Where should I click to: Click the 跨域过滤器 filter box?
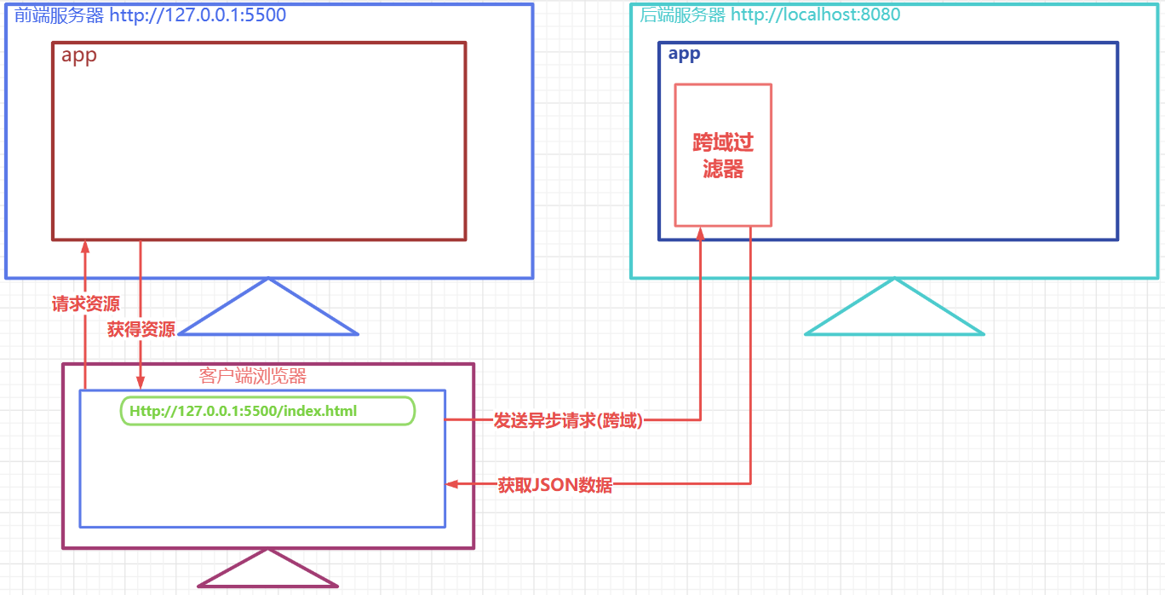[x=723, y=155]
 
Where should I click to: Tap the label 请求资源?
[x=85, y=304]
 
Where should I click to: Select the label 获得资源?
[x=141, y=329]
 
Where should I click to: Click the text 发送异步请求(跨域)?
[x=568, y=420]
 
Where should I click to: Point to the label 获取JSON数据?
[x=554, y=486]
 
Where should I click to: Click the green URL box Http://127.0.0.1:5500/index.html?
[x=267, y=411]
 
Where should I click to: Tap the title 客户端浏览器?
[x=253, y=376]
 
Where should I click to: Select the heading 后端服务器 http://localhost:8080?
[x=770, y=14]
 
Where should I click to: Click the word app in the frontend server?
[x=79, y=56]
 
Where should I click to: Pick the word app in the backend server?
[x=684, y=55]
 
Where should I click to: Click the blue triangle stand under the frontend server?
[x=268, y=312]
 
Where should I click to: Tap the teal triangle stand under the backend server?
[x=894, y=312]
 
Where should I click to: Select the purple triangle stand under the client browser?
[x=267, y=571]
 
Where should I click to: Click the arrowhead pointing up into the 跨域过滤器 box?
[x=700, y=233]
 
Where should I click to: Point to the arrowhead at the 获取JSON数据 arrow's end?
[x=452, y=484]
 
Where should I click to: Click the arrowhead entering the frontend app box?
[x=85, y=246]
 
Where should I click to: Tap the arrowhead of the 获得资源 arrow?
[x=141, y=384]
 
